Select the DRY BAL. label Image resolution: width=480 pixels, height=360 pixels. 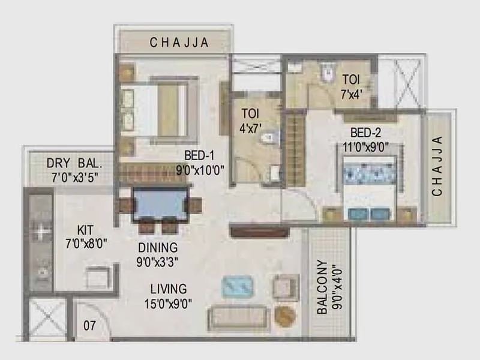click(75, 163)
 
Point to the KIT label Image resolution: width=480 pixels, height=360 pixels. click(85, 229)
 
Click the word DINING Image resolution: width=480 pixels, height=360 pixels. click(158, 247)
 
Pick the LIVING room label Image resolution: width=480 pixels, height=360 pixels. click(169, 289)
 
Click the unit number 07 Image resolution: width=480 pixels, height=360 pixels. click(89, 326)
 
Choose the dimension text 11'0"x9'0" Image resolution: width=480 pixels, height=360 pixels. click(366, 145)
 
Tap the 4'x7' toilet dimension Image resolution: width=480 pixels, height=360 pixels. click(251, 126)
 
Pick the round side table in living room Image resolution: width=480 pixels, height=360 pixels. click(285, 316)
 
